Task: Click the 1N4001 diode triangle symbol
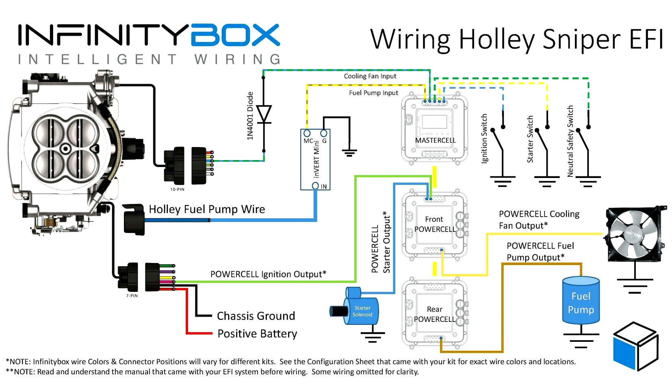coord(264,114)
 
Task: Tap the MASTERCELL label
coord(435,140)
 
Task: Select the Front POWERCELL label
coord(435,224)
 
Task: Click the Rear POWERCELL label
coord(434,314)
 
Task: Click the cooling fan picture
coord(635,234)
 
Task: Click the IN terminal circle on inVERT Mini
coord(315,186)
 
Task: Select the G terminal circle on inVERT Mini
coord(324,133)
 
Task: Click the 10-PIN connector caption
coord(177,189)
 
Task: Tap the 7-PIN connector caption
coord(132,295)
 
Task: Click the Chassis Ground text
coord(256,316)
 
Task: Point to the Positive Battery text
coord(257,334)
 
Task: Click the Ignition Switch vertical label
coord(484,139)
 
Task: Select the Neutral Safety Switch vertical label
coord(570,141)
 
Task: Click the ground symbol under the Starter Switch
coord(546,181)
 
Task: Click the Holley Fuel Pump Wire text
coord(207,209)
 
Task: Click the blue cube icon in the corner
coord(635,345)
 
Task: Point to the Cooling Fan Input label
coord(370,76)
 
